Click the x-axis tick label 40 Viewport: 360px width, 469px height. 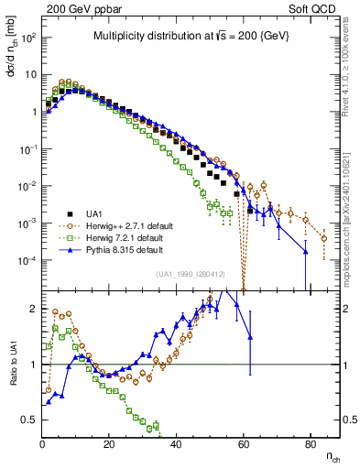pyautogui.click(x=176, y=444)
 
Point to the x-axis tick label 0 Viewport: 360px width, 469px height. pyautogui.click(x=42, y=444)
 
